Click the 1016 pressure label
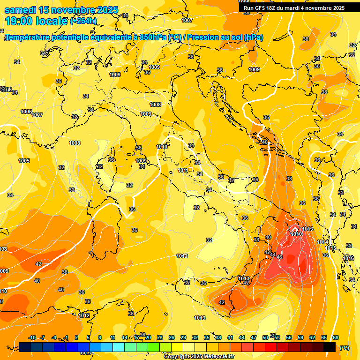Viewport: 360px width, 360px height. click(x=348, y=258)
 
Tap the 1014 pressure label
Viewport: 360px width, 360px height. click(x=322, y=242)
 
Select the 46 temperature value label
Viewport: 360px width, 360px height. click(x=279, y=257)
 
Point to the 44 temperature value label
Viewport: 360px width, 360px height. click(x=273, y=255)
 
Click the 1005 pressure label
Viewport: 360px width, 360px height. click(x=24, y=161)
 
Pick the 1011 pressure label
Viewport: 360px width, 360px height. click(x=183, y=170)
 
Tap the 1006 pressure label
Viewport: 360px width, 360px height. click(x=26, y=112)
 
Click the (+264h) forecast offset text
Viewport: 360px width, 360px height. click(x=83, y=21)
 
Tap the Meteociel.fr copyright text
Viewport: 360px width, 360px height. click(x=198, y=357)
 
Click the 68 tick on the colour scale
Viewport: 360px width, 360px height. click(x=336, y=337)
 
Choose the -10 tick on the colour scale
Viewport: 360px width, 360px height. click(x=32, y=337)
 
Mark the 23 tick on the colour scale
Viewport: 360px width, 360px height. click(x=159, y=337)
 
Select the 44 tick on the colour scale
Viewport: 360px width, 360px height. click(x=241, y=337)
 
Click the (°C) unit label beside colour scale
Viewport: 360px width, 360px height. click(x=344, y=348)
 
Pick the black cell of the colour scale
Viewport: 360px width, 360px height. click(x=330, y=347)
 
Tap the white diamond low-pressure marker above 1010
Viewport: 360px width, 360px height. click(x=295, y=227)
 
